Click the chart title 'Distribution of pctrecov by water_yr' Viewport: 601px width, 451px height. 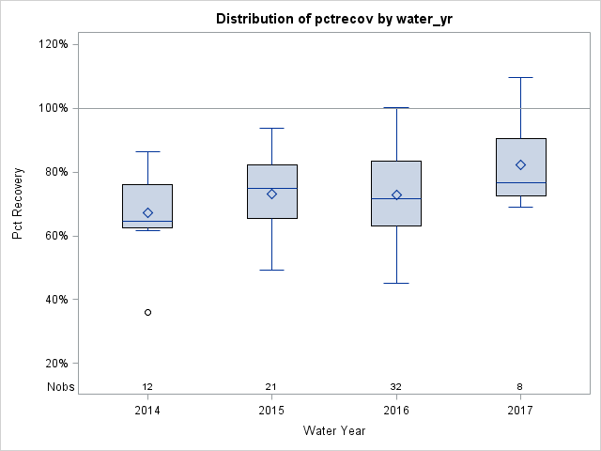333,19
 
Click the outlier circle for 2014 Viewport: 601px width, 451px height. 147,312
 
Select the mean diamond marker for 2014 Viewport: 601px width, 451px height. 147,212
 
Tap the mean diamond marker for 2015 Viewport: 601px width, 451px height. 271,194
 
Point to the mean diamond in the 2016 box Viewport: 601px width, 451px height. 396,194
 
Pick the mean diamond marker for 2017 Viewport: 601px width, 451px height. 520,164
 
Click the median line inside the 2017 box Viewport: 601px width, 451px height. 520,182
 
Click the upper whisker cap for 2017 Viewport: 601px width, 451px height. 520,77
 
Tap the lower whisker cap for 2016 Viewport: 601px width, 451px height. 396,283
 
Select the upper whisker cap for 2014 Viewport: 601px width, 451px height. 147,151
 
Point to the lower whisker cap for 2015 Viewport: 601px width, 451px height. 271,270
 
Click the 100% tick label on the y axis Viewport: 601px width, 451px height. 53,108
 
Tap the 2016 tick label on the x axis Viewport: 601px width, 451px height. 396,411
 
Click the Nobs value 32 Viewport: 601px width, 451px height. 396,387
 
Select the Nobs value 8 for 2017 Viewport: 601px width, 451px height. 520,387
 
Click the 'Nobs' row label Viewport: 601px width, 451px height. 61,387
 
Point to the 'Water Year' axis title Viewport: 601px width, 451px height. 333,431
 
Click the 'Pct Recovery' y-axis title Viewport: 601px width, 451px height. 18,204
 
